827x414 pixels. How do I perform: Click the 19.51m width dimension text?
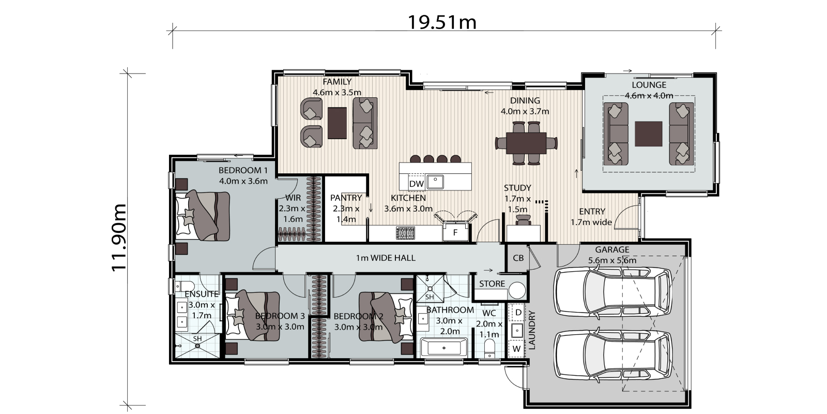coord(442,22)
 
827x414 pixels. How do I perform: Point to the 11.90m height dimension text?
coord(119,238)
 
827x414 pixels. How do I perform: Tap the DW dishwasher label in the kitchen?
coord(416,184)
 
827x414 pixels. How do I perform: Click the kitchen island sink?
coord(435,182)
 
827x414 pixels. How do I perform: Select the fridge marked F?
coord(455,232)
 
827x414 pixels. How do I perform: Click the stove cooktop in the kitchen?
coord(405,232)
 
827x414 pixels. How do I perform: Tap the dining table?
coord(526,143)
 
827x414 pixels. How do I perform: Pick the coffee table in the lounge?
coord(649,134)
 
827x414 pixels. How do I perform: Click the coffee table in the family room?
coord(337,123)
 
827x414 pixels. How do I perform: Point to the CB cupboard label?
coord(518,258)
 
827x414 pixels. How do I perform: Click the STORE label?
coord(492,284)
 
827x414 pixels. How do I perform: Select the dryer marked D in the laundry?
coord(518,313)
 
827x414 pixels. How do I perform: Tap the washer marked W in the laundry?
coord(516,349)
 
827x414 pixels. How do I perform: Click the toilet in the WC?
coord(489,349)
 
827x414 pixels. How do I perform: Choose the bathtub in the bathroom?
coord(444,348)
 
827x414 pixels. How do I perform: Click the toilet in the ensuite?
coord(185,286)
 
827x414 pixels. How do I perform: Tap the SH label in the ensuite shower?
coord(197,338)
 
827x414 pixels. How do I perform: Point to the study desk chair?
coord(523,220)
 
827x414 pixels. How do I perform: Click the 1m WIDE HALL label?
coord(386,258)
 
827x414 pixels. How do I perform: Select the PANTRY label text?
coord(346,198)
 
